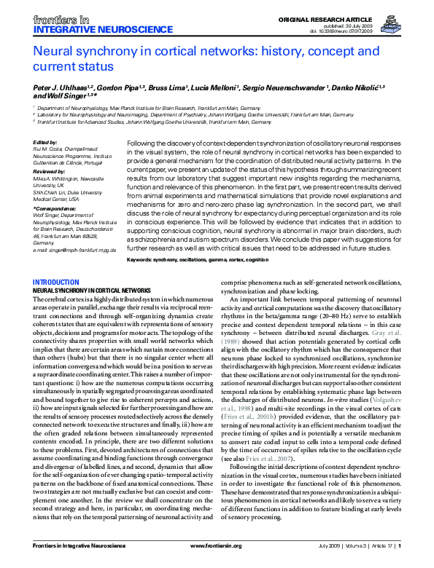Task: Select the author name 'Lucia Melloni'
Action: pos(213,87)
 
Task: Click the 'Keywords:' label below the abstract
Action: pos(144,240)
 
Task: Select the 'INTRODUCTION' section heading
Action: pos(58,261)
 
